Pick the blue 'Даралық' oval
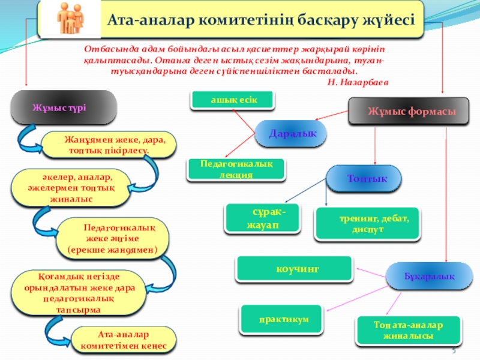(x=291, y=133)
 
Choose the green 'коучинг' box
(x=294, y=268)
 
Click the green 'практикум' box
(x=284, y=319)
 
